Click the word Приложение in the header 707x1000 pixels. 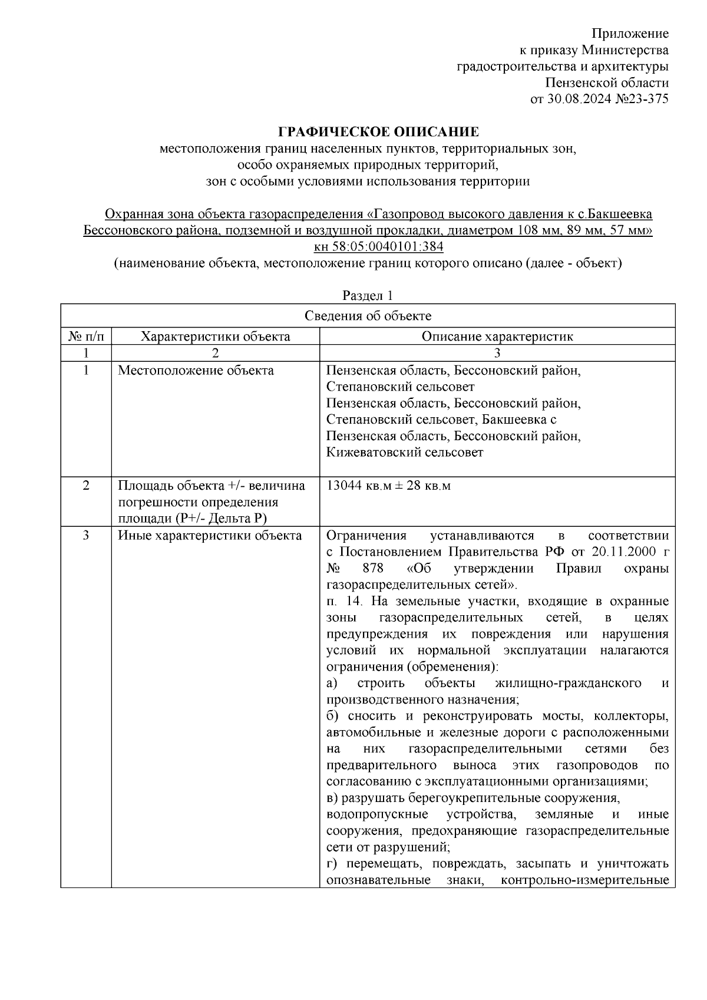pos(630,33)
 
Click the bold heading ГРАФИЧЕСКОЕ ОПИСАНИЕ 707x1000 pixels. pos(379,131)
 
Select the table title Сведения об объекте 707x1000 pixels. pos(368,316)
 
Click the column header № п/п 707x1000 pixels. pos(86,336)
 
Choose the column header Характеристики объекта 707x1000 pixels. pos(215,336)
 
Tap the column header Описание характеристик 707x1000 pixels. pos(497,336)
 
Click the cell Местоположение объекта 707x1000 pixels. pos(196,371)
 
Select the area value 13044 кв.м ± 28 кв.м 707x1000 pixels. pos(388,486)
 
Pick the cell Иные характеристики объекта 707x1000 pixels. pos(210,536)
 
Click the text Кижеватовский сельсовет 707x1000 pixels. pos(404,453)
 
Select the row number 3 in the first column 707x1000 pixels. pos(86,536)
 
